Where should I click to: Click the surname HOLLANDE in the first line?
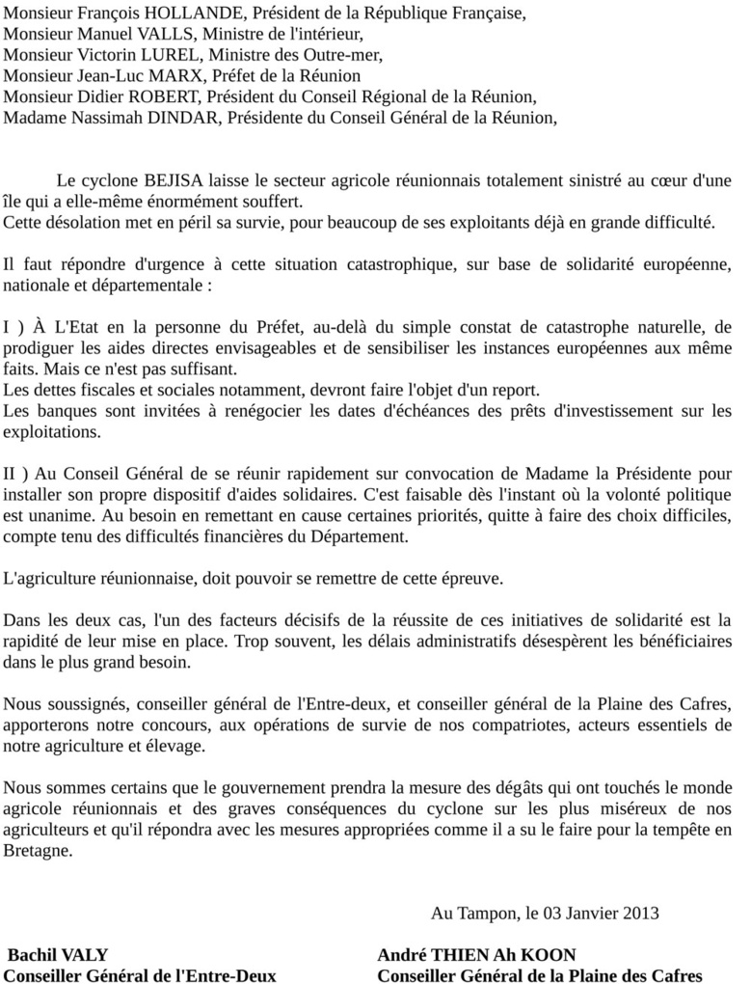click(x=184, y=14)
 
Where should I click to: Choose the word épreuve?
click(x=467, y=578)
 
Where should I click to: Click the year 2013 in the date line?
click(x=641, y=912)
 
